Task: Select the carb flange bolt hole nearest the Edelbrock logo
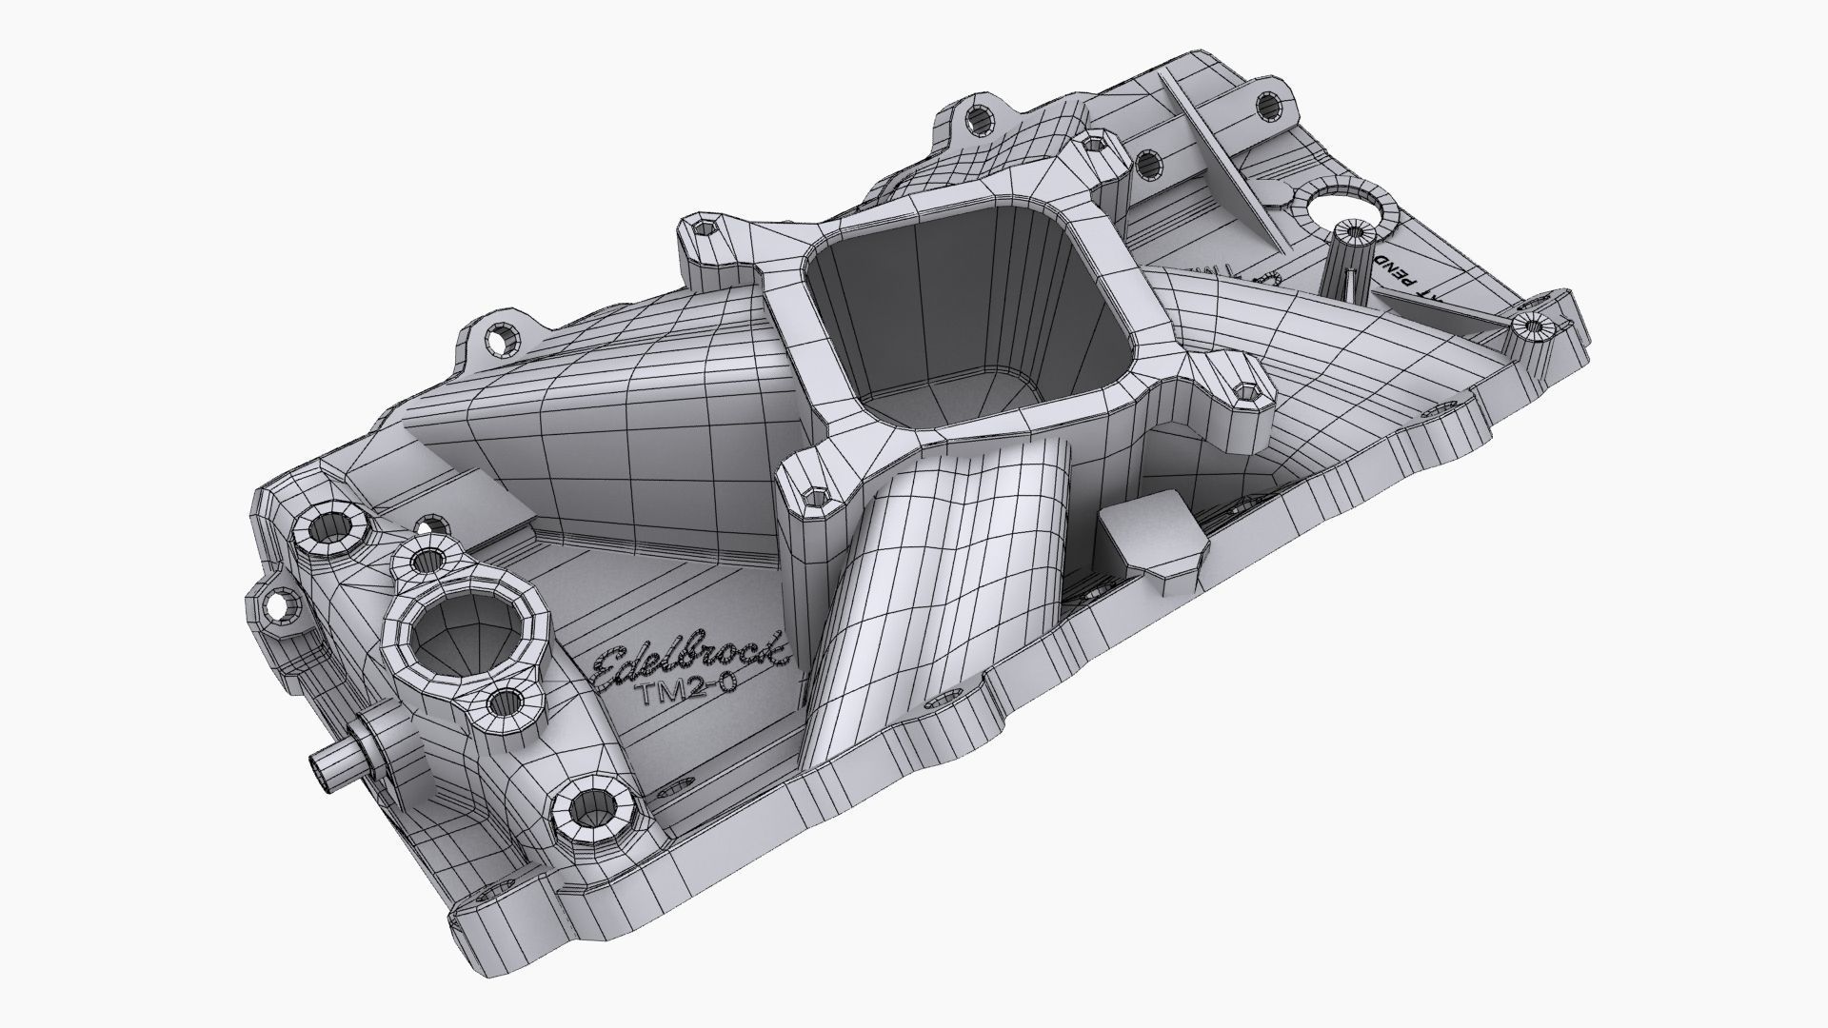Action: (x=811, y=495)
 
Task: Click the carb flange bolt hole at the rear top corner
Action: (x=1090, y=146)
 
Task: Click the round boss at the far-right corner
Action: (x=1533, y=330)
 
